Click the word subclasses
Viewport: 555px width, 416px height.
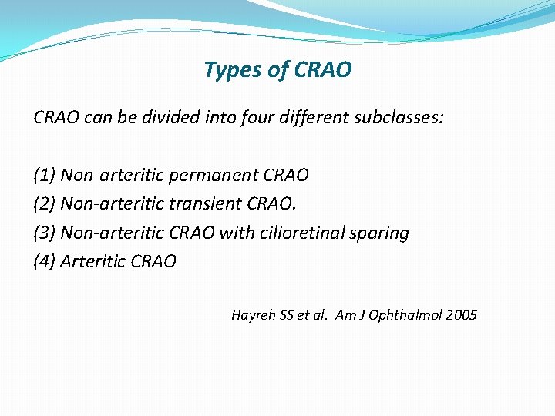[400, 118]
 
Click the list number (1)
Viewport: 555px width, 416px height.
[45, 176]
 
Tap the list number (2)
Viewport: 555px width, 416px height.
[45, 204]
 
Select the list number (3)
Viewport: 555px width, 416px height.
[45, 233]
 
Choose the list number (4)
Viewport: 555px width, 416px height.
[45, 262]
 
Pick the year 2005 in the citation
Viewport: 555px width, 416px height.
[462, 315]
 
